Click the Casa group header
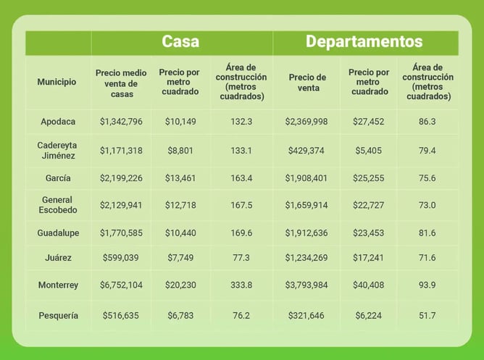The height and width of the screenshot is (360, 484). point(180,41)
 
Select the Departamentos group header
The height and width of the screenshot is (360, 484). point(364,41)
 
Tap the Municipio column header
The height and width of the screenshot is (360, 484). point(57,82)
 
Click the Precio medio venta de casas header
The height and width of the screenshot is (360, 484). point(122,83)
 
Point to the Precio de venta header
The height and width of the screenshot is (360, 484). point(307,82)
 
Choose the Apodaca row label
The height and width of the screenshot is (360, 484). point(58,122)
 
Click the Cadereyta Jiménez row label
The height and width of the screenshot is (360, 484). point(58,150)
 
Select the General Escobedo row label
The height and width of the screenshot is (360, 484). point(58,205)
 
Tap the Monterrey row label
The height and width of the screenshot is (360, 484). point(58,285)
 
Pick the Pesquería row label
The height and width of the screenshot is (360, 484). point(58,316)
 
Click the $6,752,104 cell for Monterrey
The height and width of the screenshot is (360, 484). point(122,285)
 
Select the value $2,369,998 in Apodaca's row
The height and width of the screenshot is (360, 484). point(306,122)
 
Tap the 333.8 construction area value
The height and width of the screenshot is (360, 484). point(241,285)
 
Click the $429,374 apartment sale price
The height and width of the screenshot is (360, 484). point(306,151)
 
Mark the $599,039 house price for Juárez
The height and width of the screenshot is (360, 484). point(122,258)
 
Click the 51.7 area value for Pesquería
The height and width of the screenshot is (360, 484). point(427,316)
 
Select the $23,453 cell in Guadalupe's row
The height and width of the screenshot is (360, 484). point(368,233)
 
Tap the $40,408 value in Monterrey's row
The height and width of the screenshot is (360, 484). point(368,285)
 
